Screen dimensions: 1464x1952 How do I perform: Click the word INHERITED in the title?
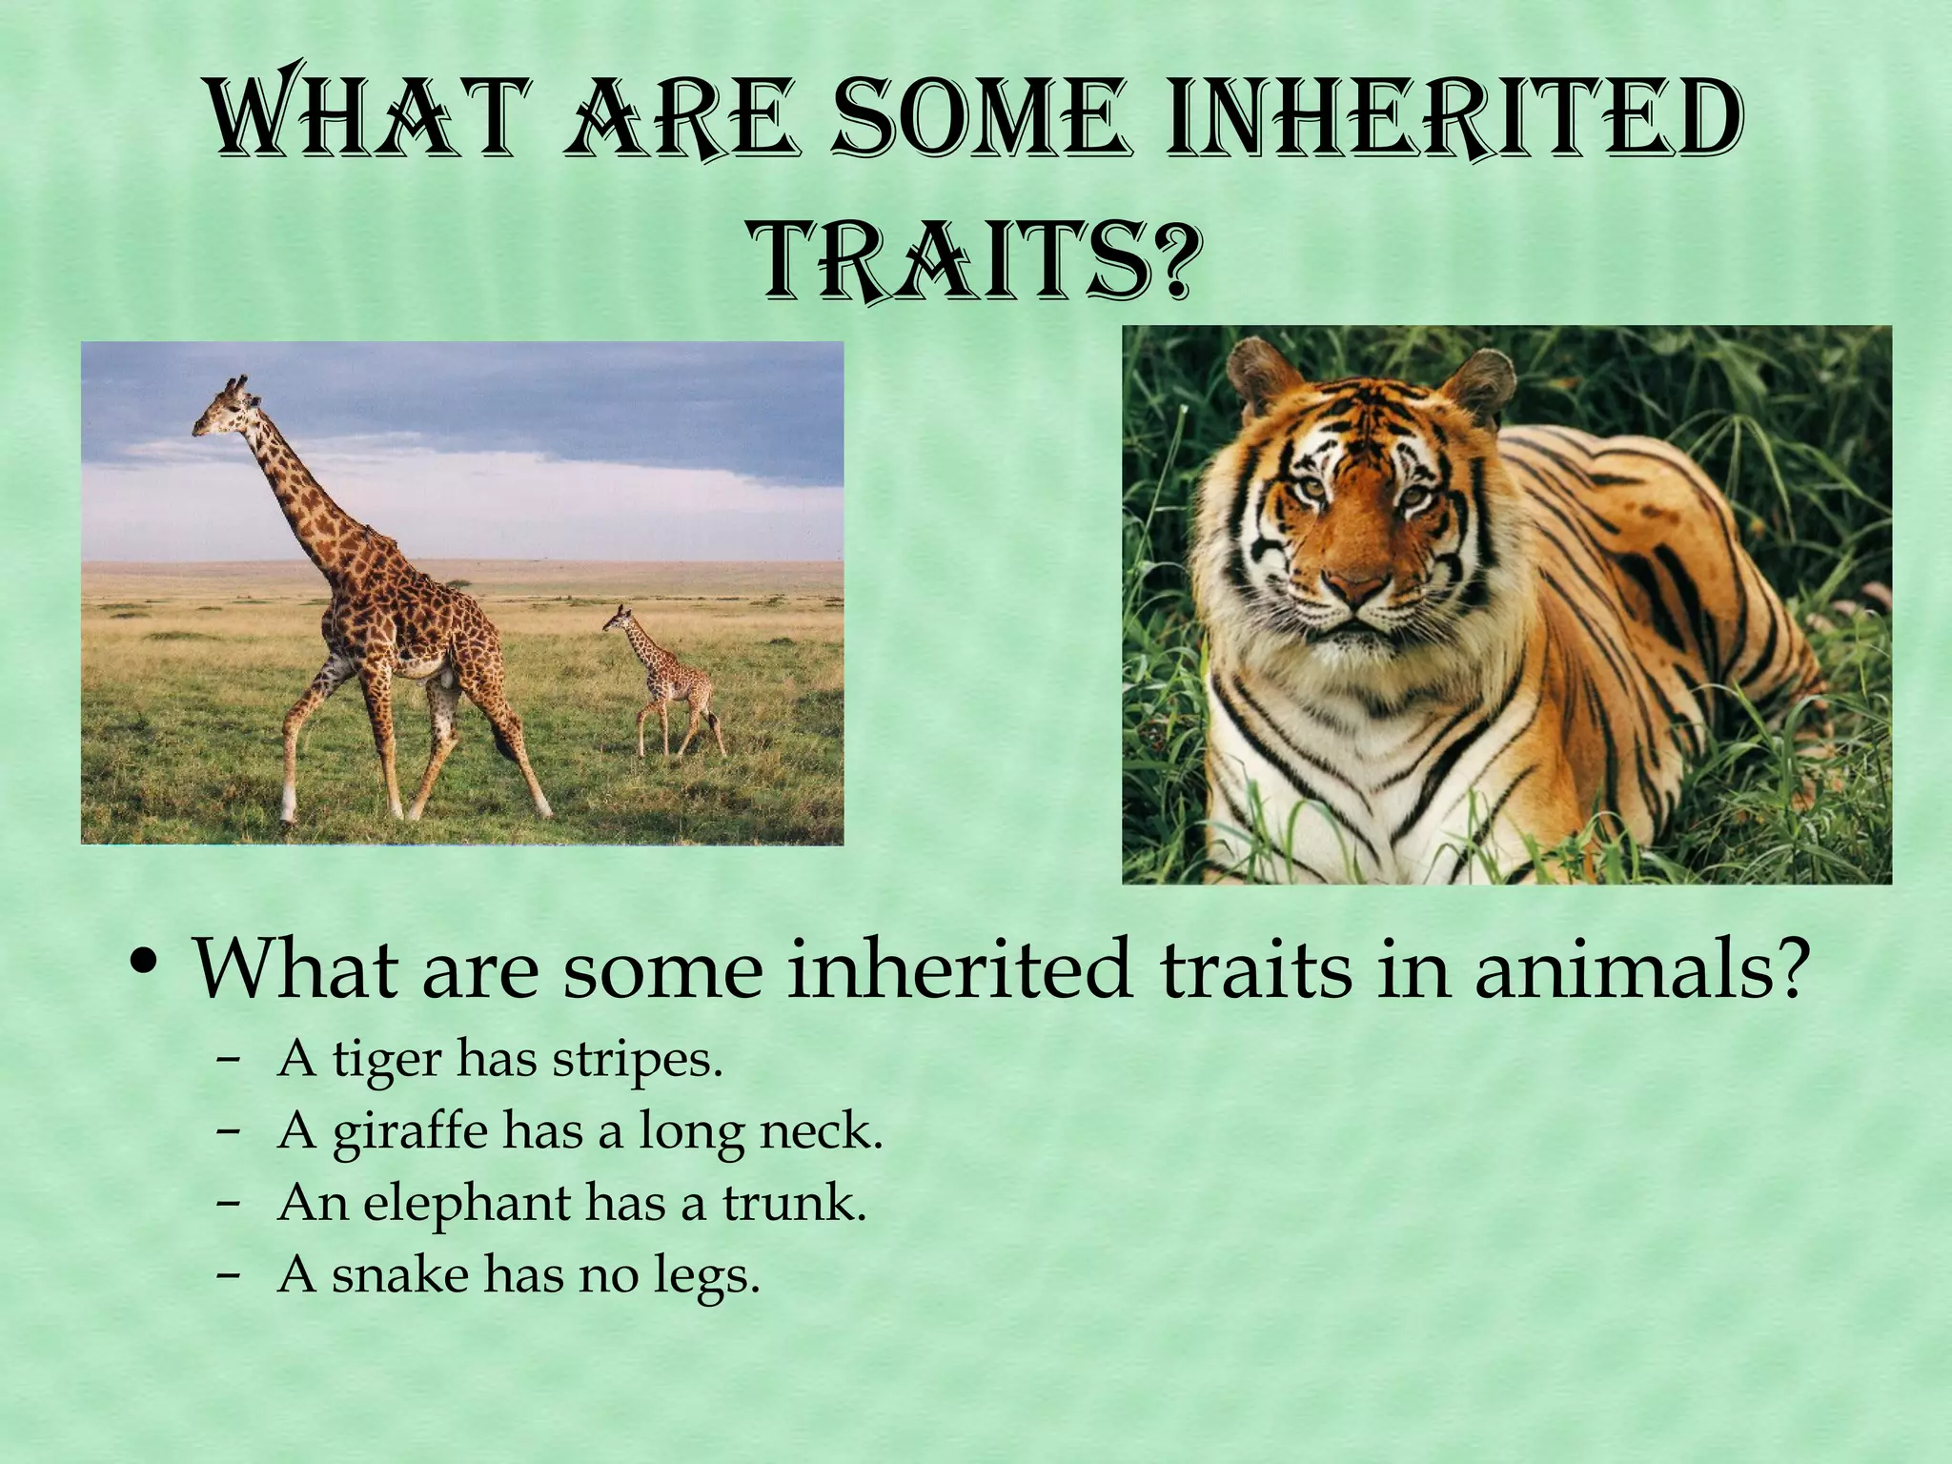pyautogui.click(x=1454, y=122)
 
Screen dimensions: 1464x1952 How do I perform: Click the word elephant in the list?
pyautogui.click(x=466, y=1204)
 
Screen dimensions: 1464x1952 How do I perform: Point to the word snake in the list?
pyautogui.click(x=400, y=1275)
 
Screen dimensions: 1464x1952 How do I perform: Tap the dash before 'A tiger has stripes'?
pyautogui.click(x=227, y=1060)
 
